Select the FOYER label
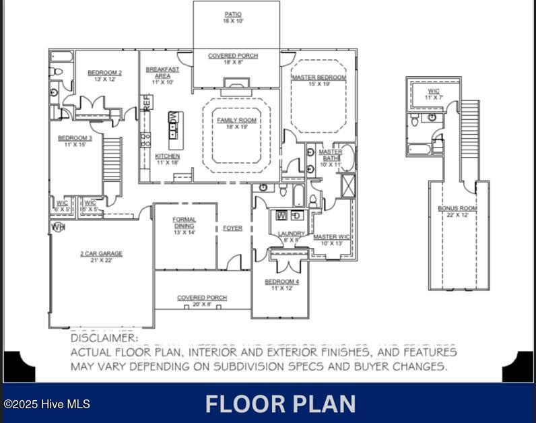pyautogui.click(x=232, y=228)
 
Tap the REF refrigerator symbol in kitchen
pyautogui.click(x=145, y=103)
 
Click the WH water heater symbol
pyautogui.click(x=57, y=227)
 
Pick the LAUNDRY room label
pyautogui.click(x=291, y=234)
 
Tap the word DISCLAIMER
pyautogui.click(x=104, y=338)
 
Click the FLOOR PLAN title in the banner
pyautogui.click(x=280, y=403)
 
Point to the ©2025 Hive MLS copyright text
pyautogui.click(x=46, y=404)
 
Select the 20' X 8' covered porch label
pyautogui.click(x=202, y=304)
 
